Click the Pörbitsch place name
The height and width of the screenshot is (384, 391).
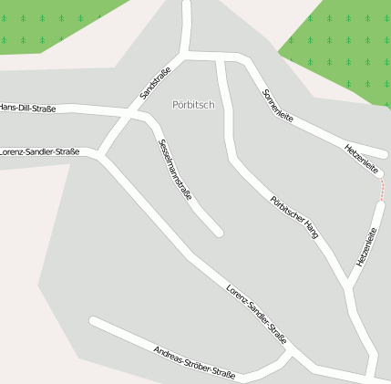point(193,105)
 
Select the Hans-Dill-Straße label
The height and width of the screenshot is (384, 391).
point(27,109)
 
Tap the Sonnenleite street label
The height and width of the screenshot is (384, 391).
point(278,108)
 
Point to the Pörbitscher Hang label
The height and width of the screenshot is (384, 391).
point(294,216)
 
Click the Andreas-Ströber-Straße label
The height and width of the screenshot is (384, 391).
point(194,362)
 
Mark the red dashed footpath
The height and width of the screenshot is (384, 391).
point(383,189)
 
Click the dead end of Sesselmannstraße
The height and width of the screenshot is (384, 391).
point(218,233)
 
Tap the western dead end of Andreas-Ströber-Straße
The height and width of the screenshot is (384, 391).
point(93,321)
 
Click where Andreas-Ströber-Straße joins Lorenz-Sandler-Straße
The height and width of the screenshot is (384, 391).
point(290,350)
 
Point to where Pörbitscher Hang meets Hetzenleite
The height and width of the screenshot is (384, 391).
point(348,290)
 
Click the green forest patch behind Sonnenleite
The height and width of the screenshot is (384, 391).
point(342,46)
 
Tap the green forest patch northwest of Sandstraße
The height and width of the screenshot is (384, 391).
point(55,23)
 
